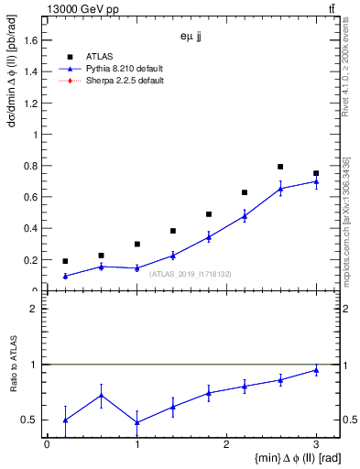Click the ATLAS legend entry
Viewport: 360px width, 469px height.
99,56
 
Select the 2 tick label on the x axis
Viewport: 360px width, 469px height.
226,444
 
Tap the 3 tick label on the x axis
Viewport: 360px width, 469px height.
316,444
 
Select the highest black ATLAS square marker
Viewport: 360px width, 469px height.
280,167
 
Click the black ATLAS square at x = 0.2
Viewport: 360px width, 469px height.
65,261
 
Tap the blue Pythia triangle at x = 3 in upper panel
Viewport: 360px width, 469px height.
316,181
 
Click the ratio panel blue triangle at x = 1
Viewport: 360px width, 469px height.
136,422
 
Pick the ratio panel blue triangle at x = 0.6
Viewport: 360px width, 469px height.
101,396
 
